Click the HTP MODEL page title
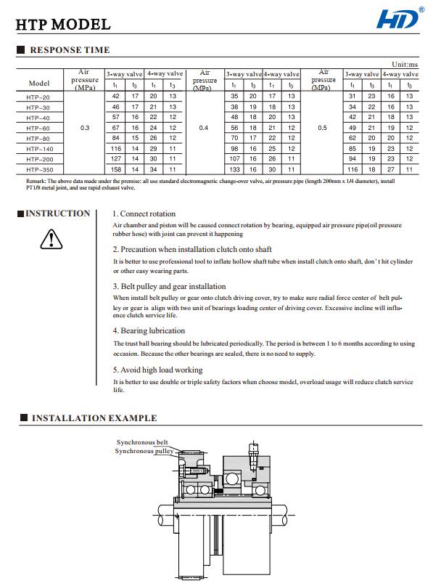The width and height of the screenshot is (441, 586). pyautogui.click(x=64, y=25)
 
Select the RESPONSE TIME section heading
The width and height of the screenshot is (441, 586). pyautogui.click(x=70, y=50)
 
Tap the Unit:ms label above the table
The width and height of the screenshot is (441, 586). pyautogui.click(x=405, y=65)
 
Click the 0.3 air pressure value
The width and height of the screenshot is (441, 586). pyautogui.click(x=85, y=127)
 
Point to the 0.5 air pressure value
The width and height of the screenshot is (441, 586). pyautogui.click(x=323, y=127)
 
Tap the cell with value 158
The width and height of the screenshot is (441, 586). pyautogui.click(x=115, y=168)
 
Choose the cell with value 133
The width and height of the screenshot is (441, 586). pyautogui.click(x=234, y=168)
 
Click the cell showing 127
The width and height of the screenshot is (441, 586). pyautogui.click(x=115, y=158)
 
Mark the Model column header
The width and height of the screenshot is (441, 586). pyautogui.click(x=39, y=83)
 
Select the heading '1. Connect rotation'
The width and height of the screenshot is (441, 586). pyautogui.click(x=144, y=214)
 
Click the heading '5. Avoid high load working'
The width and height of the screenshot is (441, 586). pyautogui.click(x=157, y=370)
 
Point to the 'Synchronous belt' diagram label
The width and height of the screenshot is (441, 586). pyautogui.click(x=142, y=442)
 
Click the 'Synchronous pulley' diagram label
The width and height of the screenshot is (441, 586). pyautogui.click(x=144, y=451)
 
